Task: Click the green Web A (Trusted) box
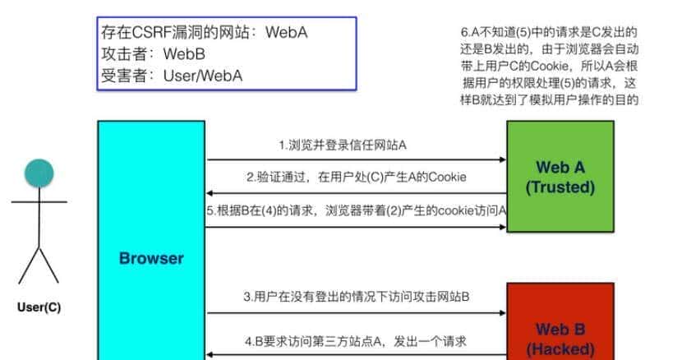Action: click(560, 177)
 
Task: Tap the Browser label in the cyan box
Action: click(151, 258)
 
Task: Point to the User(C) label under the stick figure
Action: click(38, 308)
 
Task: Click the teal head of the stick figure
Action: click(38, 174)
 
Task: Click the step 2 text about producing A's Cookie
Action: click(354, 177)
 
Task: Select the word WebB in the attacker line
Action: click(184, 55)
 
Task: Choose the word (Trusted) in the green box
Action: click(560, 187)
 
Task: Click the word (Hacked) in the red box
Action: click(560, 348)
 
